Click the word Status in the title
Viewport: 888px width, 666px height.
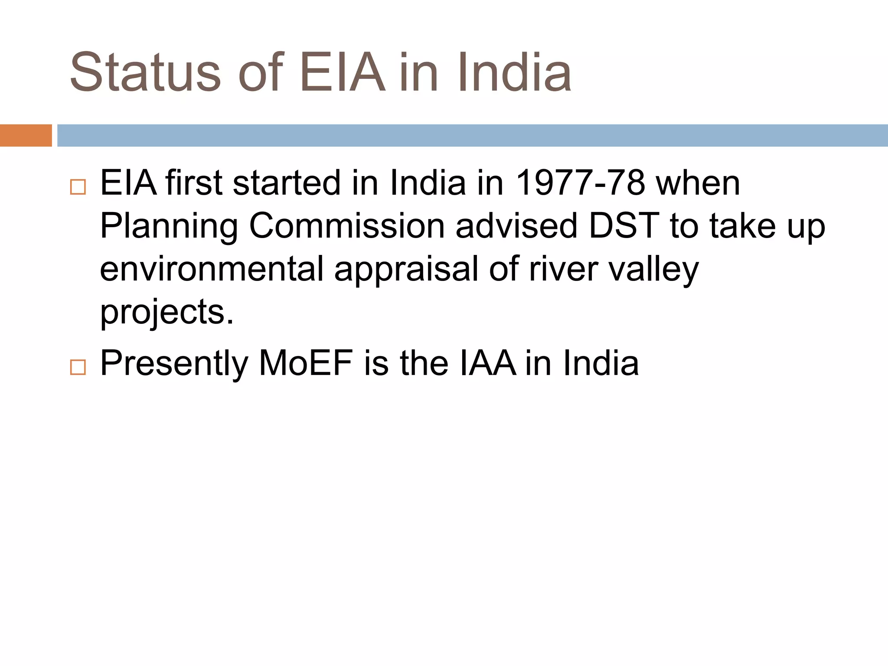[145, 73]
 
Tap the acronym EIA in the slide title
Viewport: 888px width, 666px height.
[342, 73]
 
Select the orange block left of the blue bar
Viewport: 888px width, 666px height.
[26, 135]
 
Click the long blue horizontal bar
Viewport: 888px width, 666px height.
[472, 135]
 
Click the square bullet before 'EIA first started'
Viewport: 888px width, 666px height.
[78, 187]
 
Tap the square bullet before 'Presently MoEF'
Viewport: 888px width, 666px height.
[78, 367]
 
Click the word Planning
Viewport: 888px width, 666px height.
[169, 226]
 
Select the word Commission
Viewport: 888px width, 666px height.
[347, 226]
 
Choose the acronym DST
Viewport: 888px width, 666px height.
[624, 226]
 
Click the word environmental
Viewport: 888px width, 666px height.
[212, 269]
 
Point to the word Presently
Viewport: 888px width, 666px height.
[174, 363]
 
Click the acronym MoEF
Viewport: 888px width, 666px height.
[306, 363]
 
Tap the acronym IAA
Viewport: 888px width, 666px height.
[487, 363]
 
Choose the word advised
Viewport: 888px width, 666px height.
[516, 226]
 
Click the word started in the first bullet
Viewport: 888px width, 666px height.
[287, 183]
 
